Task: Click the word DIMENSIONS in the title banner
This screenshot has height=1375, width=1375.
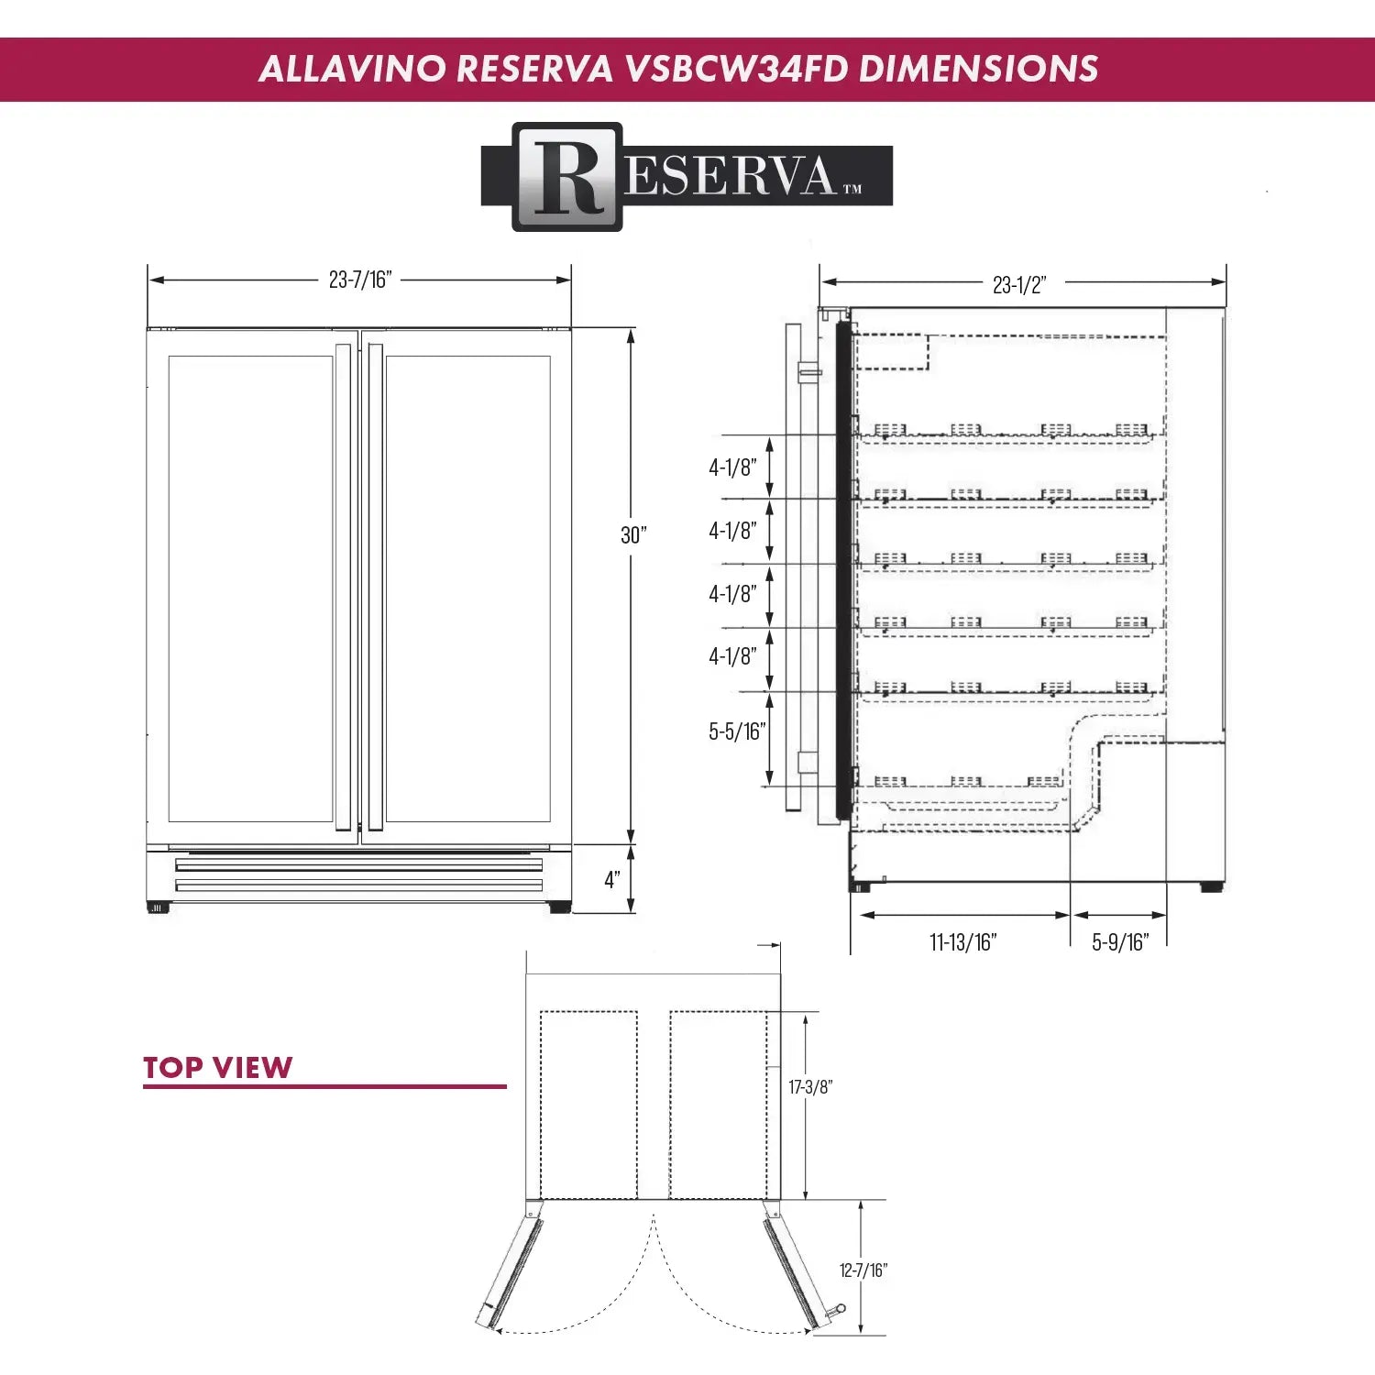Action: (978, 70)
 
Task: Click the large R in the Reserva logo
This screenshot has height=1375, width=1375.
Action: (567, 177)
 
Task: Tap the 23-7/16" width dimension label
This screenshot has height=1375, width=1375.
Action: (359, 280)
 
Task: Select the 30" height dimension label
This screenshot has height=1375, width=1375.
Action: (632, 534)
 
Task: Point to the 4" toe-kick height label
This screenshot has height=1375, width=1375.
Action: (611, 879)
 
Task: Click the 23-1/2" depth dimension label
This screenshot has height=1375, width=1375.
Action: (1018, 285)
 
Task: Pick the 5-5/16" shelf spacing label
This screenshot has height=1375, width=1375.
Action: (736, 731)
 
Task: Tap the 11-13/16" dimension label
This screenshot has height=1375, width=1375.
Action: (962, 942)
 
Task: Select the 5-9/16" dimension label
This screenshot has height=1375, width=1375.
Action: (1119, 942)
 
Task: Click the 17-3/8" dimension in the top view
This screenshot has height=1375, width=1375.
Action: (810, 1087)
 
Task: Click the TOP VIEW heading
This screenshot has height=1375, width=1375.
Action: (217, 1067)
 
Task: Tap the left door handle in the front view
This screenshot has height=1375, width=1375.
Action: (344, 587)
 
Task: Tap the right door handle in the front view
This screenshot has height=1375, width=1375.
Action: (375, 587)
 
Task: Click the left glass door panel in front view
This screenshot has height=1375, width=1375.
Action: (250, 587)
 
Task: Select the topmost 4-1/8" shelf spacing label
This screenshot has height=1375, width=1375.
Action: (731, 467)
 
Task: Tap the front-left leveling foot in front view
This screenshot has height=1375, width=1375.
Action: (158, 907)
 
